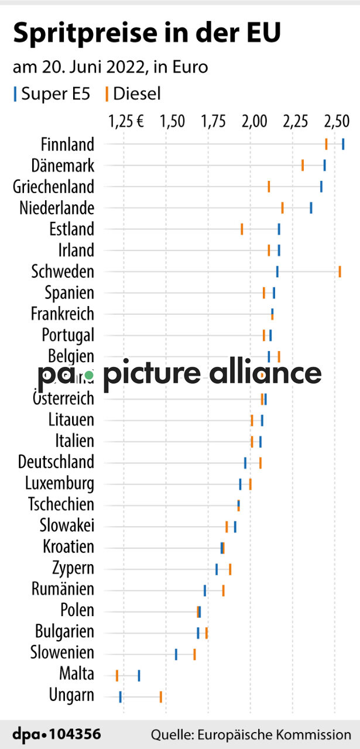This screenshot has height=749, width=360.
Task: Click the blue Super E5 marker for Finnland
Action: click(343, 144)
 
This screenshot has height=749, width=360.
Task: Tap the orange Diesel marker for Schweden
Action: click(340, 271)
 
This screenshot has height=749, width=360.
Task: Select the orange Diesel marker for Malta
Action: click(117, 675)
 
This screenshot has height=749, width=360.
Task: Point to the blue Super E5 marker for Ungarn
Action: click(120, 696)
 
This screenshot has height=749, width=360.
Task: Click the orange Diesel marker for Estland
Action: click(242, 229)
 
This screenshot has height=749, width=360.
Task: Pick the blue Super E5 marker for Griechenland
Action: click(321, 186)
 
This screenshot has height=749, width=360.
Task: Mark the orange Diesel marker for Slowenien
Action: click(194, 654)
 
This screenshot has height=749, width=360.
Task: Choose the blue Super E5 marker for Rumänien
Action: click(205, 590)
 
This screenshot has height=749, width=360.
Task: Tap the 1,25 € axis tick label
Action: click(126, 122)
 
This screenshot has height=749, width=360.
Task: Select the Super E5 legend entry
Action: click(52, 94)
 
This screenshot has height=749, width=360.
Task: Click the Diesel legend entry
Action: click(133, 94)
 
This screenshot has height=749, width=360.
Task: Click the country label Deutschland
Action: click(56, 462)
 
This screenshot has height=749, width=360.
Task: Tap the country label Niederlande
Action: click(56, 208)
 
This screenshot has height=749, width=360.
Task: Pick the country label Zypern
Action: click(73, 568)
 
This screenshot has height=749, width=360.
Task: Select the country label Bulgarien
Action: click(64, 632)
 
